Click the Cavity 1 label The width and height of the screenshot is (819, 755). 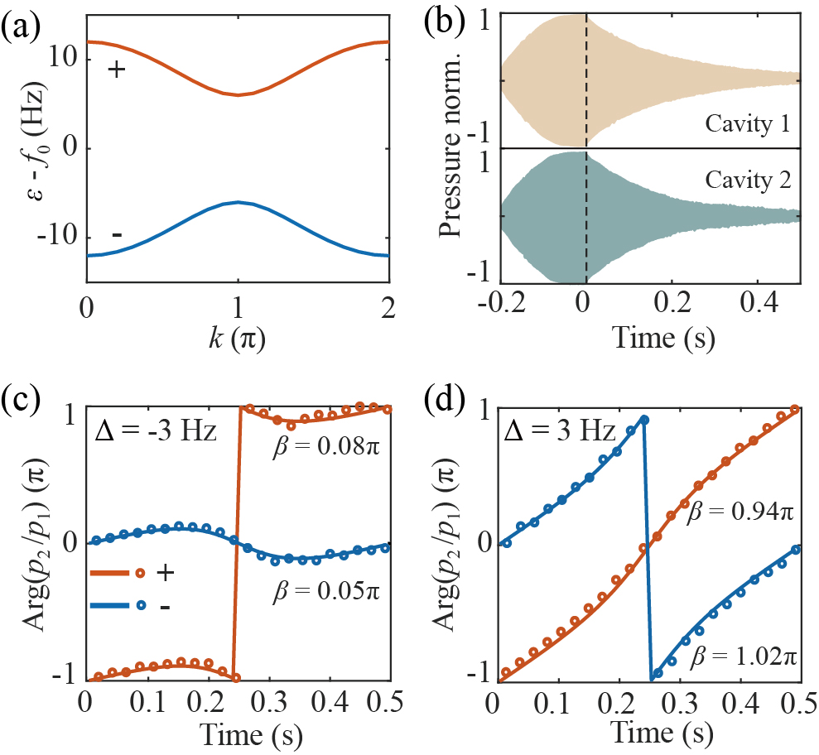[x=747, y=124]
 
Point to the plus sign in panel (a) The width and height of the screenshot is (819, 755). [x=117, y=70]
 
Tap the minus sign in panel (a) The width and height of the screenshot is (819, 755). [x=117, y=236]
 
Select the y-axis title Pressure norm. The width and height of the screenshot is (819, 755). [x=451, y=147]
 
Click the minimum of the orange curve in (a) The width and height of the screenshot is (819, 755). [x=238, y=95]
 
